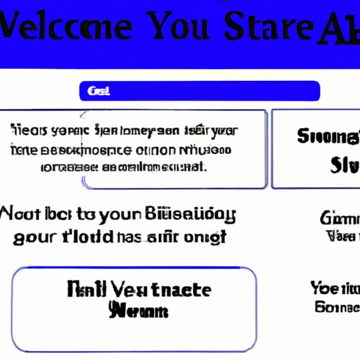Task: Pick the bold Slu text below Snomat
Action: tap(342, 166)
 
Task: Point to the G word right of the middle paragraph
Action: tap(337, 219)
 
